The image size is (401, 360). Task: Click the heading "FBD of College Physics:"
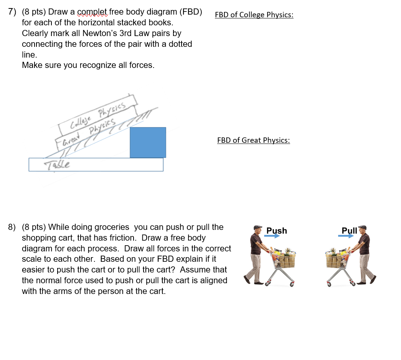click(254, 15)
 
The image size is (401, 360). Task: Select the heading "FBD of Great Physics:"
click(253, 140)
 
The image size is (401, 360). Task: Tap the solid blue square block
click(148, 142)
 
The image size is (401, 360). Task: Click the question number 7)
click(12, 12)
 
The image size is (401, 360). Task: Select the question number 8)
click(12, 227)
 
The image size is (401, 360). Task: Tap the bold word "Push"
click(277, 230)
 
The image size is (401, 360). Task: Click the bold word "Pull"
click(349, 230)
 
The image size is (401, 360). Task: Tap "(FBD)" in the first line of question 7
click(189, 12)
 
